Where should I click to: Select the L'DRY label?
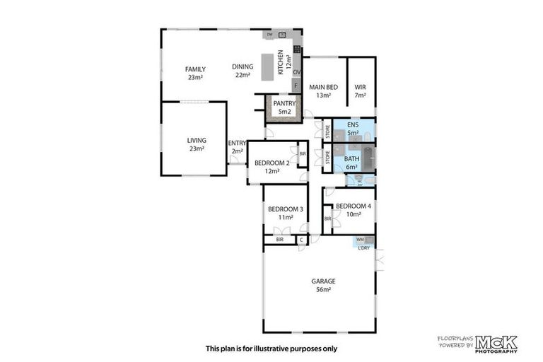tap(364, 247)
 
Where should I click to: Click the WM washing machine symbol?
tap(360, 240)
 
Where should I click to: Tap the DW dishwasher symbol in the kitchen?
tap(269, 34)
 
